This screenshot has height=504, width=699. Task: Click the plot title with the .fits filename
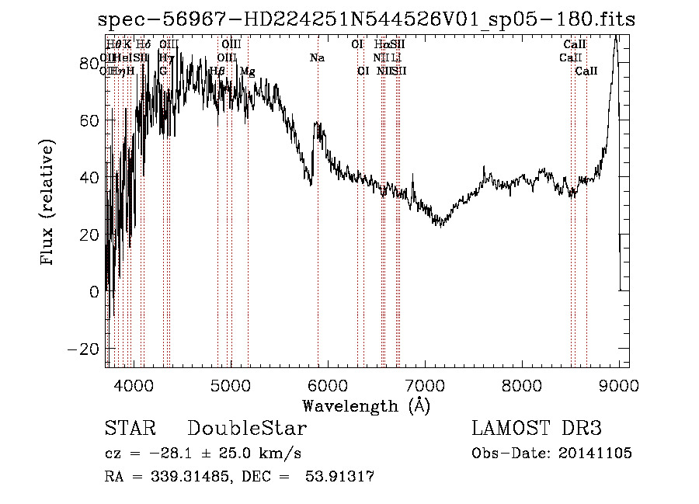point(367,20)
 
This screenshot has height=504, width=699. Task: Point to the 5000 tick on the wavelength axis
point(231,384)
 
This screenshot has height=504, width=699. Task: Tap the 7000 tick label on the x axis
point(425,384)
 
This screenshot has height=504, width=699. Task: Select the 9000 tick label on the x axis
point(619,384)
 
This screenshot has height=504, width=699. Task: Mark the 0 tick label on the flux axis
point(95,292)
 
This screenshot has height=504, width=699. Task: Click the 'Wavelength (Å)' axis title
point(366,405)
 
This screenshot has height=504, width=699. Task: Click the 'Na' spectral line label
point(317,58)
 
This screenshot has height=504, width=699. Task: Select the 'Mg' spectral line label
point(247,71)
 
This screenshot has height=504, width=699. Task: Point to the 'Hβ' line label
point(217,71)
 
